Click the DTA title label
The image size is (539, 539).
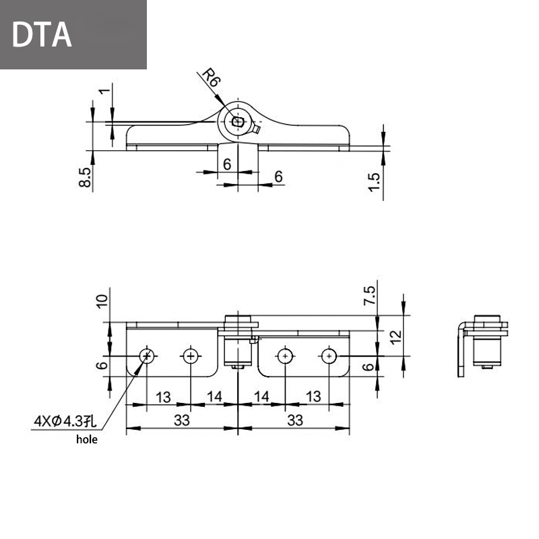[42, 35]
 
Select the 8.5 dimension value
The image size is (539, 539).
[85, 178]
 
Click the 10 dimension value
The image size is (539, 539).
[102, 300]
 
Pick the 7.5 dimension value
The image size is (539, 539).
[370, 296]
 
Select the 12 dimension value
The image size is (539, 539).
[395, 334]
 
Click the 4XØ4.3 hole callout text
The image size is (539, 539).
[65, 422]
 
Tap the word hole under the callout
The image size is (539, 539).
[86, 439]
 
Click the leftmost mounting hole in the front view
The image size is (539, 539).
[146, 355]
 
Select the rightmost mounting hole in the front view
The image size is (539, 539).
[329, 355]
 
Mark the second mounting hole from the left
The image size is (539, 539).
[191, 355]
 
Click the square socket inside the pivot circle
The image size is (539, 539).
[237, 121]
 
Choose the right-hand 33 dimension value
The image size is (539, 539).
[294, 420]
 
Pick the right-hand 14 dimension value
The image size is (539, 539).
[262, 397]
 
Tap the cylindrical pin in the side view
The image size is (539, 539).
[487, 350]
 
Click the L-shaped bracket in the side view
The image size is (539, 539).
[460, 350]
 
